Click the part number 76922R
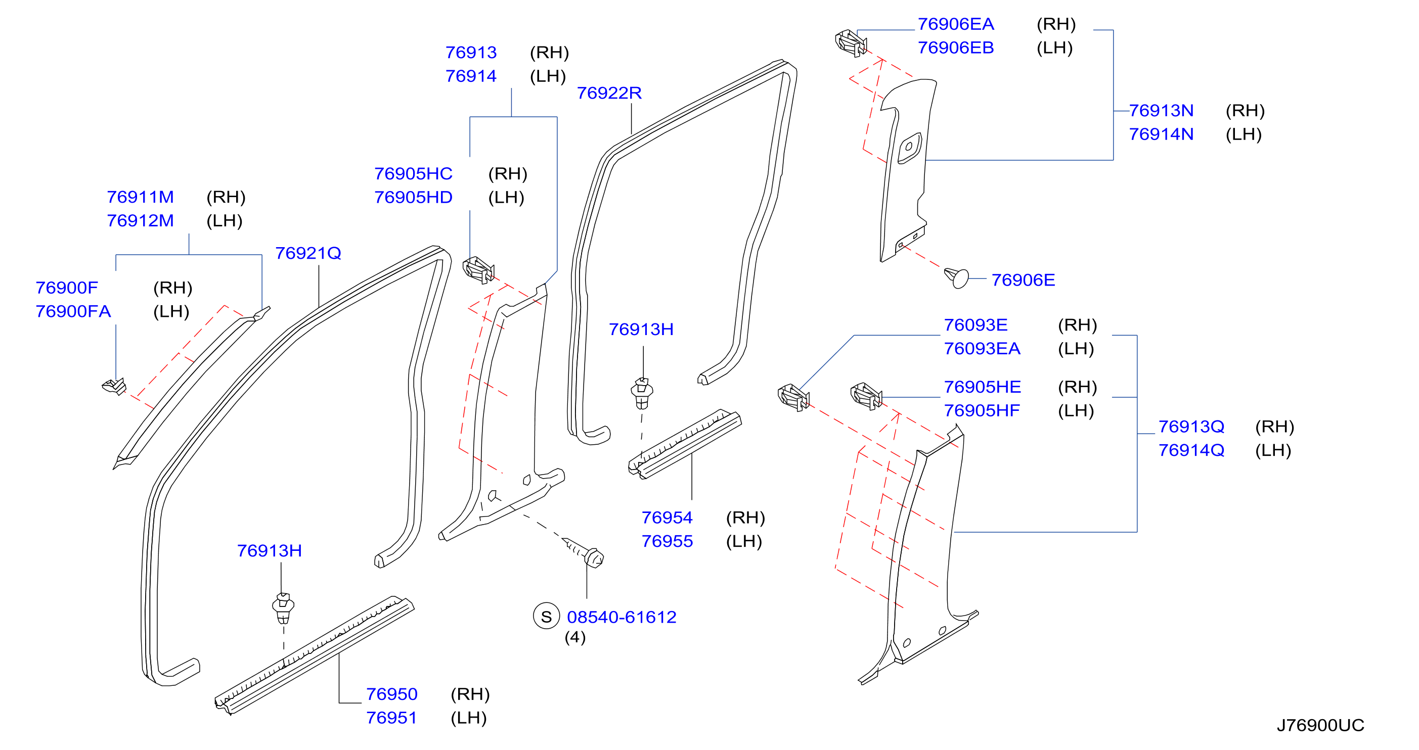tap(609, 93)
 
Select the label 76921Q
tap(308, 253)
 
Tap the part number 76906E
tap(1023, 280)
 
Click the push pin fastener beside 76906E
tap(956, 277)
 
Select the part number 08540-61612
tap(622, 617)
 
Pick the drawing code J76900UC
tap(1320, 725)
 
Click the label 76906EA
tap(956, 24)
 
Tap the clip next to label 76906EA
tap(851, 43)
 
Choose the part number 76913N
tap(1161, 111)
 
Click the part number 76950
tap(391, 694)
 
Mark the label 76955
tap(667, 541)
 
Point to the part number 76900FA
tap(73, 312)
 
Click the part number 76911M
tap(140, 197)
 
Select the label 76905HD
tap(413, 197)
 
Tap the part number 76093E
tap(975, 325)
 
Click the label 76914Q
tap(1191, 450)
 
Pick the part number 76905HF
tap(982, 411)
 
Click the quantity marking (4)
tap(574, 637)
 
